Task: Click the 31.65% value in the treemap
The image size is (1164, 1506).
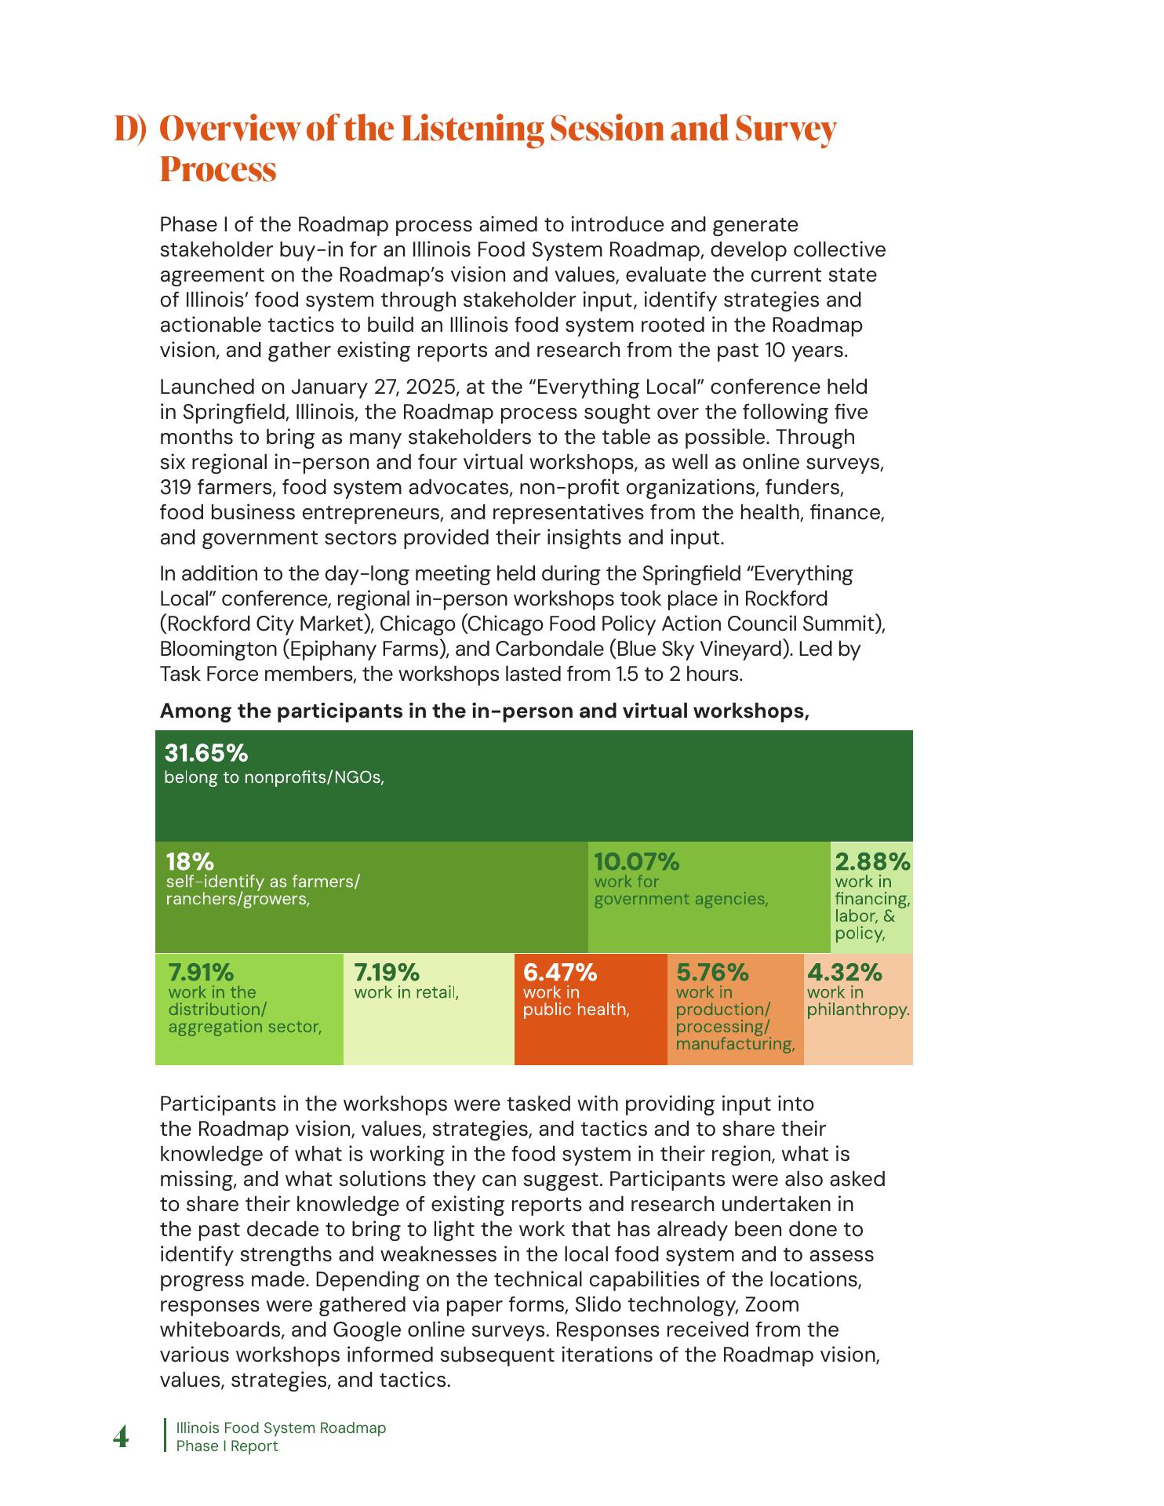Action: pos(206,754)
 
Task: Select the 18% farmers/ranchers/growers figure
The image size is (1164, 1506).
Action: pos(189,862)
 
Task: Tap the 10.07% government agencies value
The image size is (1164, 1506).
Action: pos(636,862)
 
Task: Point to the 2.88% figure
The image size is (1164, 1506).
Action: pos(872,862)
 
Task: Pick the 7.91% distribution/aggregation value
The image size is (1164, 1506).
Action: pos(201,973)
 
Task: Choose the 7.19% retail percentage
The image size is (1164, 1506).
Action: pos(387,973)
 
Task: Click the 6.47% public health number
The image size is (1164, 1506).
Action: pos(560,973)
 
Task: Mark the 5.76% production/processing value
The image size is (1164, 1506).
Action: pos(712,973)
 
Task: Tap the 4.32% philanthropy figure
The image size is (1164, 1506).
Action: pos(845,973)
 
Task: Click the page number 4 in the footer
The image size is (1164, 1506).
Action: pos(122,1438)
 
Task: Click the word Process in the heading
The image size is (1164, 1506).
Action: pos(218,169)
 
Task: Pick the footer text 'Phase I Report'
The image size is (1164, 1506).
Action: pos(227,1446)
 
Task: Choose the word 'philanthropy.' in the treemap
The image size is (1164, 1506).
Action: pos(858,1009)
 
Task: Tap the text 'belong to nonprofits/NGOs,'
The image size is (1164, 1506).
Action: pos(274,778)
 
